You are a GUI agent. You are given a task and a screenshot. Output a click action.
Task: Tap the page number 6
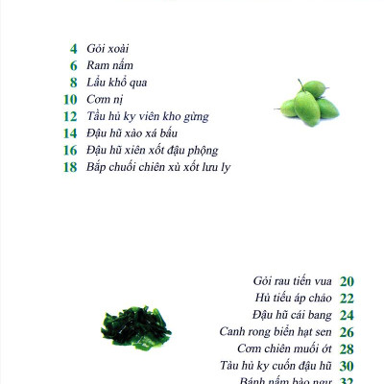pos(73,65)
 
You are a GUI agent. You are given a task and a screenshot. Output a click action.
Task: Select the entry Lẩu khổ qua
pos(116,82)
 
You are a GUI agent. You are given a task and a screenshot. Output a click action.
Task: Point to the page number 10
pos(70,99)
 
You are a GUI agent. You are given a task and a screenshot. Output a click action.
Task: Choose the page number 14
pos(70,132)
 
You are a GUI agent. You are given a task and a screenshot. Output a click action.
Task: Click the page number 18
pos(70,166)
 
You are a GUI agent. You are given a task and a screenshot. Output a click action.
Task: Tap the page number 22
pos(348,298)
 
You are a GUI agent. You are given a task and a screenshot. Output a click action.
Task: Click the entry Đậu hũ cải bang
pos(291,315)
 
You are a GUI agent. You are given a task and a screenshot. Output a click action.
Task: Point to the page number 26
pos(348,331)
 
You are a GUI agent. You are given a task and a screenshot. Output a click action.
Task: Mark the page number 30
pos(348,366)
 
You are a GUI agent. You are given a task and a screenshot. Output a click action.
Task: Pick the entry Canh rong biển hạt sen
pos(276,331)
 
